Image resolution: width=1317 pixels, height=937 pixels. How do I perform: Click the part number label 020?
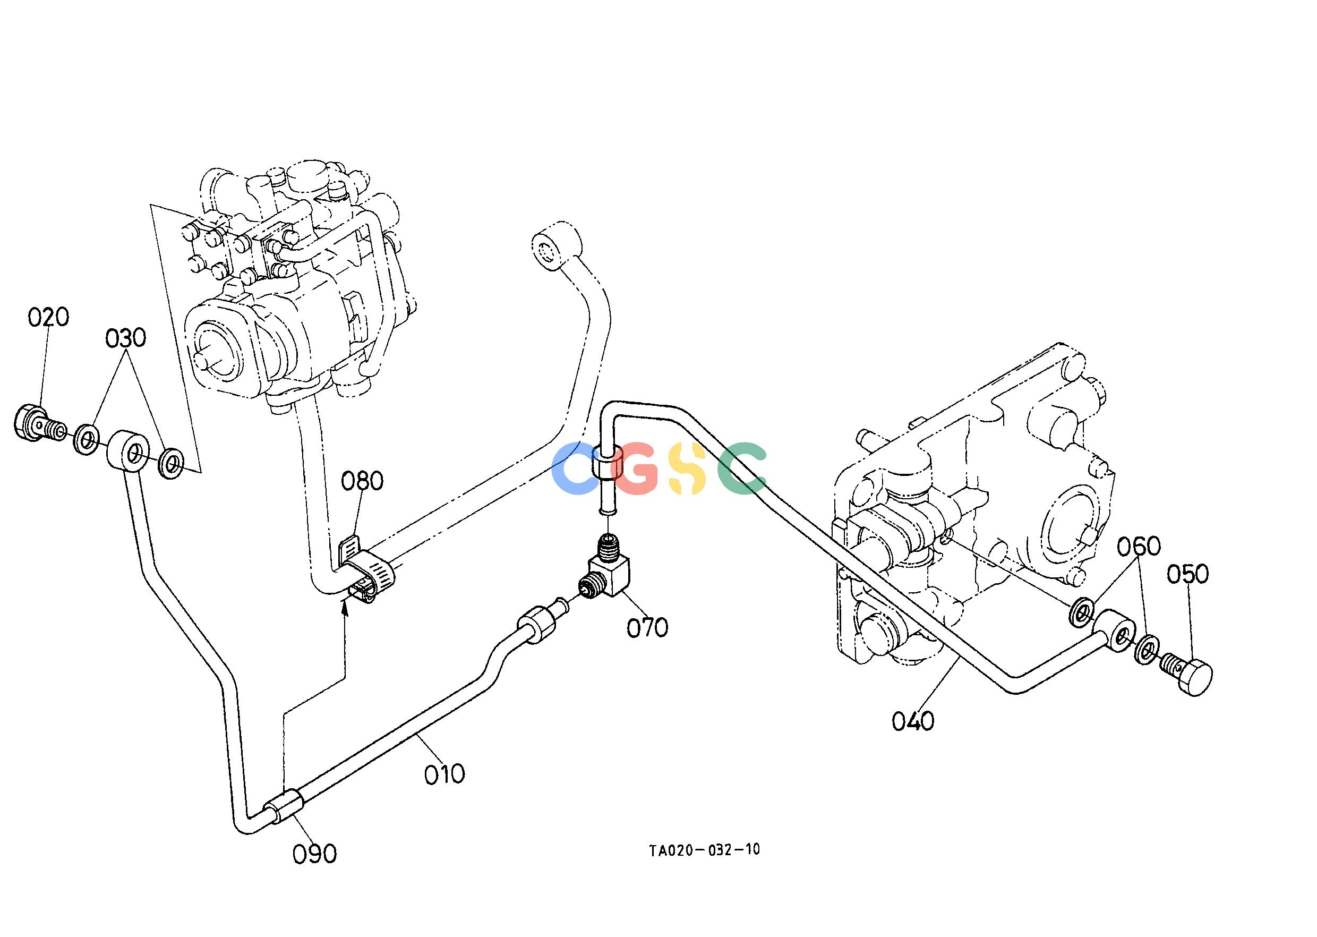49,317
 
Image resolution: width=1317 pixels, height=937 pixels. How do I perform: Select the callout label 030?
125,339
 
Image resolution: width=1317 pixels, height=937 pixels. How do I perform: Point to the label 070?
647,628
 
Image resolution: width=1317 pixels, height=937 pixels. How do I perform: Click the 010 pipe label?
444,774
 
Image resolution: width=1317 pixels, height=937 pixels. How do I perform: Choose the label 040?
913,721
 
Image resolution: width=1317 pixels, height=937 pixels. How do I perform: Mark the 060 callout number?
1139,547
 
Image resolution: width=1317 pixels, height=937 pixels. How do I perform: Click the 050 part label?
1188,574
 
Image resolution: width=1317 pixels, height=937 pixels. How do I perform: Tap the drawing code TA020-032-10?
704,850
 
